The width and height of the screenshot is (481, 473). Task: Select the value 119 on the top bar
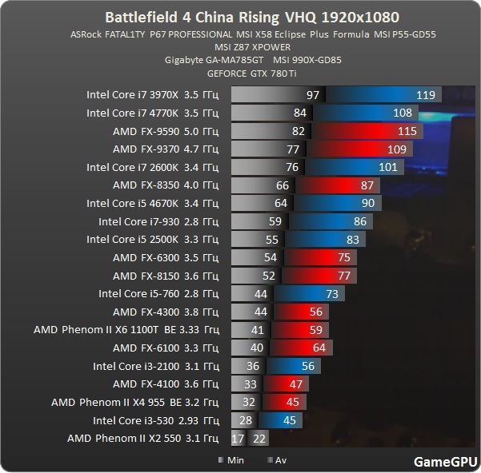(425, 94)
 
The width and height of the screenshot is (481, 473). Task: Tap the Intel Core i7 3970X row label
(152, 94)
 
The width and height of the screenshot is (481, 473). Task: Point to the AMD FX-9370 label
(165, 149)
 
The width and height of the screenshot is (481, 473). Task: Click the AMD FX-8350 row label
(165, 185)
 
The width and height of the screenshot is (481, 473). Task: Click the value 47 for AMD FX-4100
(295, 384)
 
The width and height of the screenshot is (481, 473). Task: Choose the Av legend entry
(275, 460)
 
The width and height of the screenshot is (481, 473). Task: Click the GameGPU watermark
(443, 461)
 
